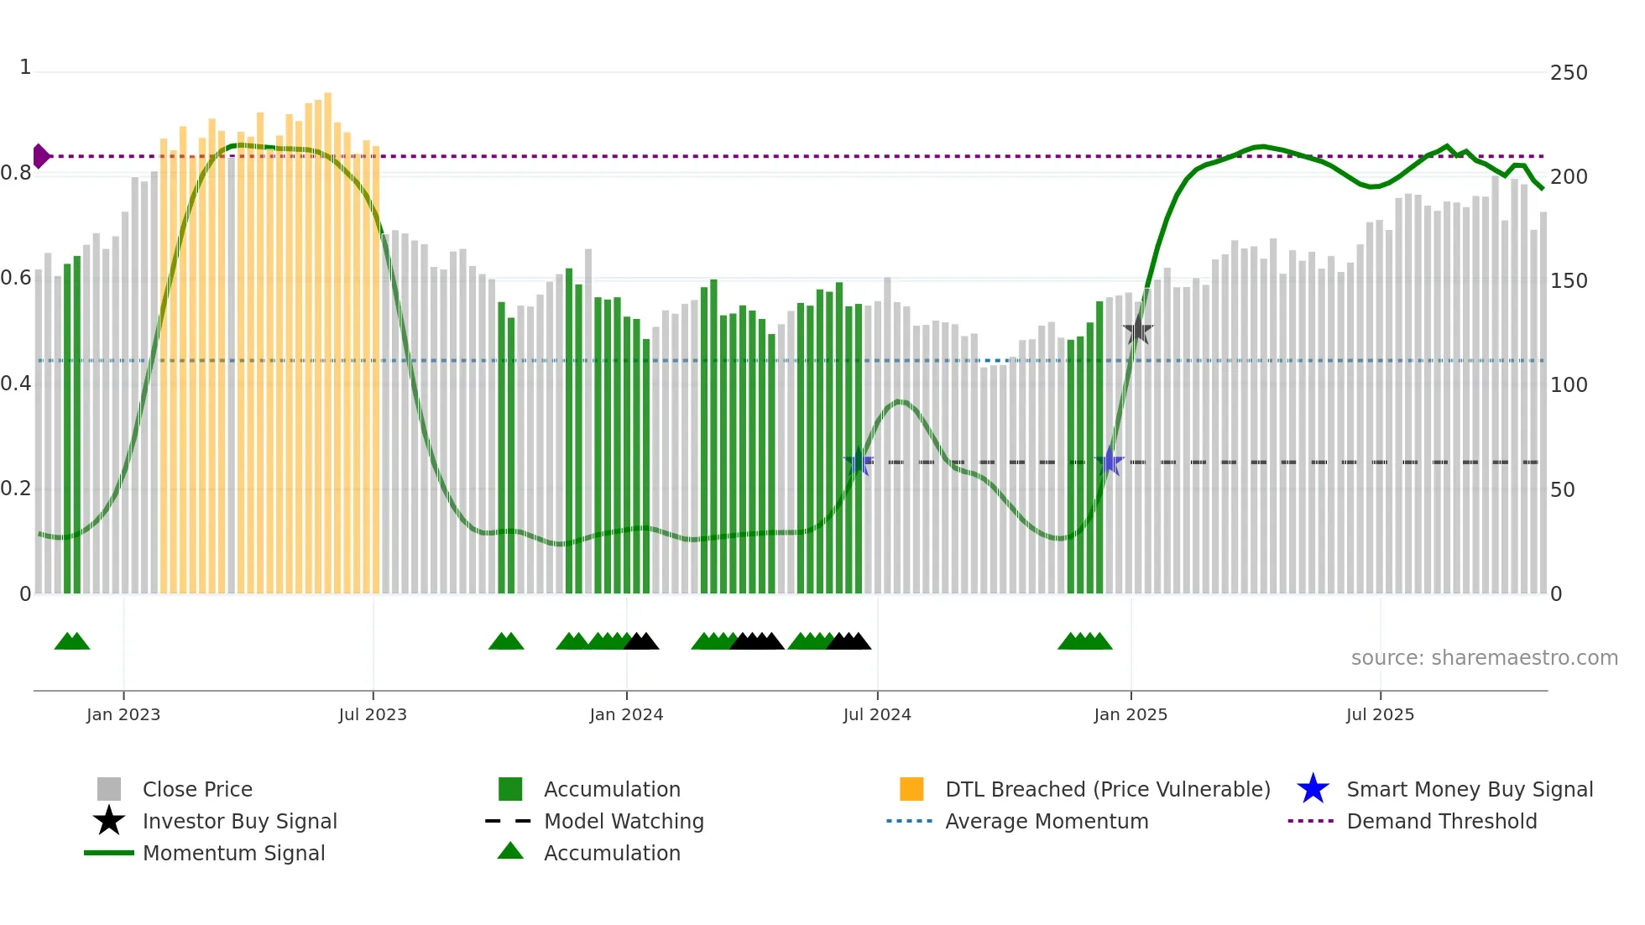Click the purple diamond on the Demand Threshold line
pos(40,156)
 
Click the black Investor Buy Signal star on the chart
pos(1138,330)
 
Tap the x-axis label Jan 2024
pos(626,714)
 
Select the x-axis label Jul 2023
pos(373,714)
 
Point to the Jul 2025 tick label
pos(1380,714)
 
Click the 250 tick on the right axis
pos(1569,73)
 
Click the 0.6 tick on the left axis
pos(16,278)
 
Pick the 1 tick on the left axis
pos(25,67)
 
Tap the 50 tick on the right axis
pos(1562,489)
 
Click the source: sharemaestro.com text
pos(1484,658)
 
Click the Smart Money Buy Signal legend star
pos(1313,789)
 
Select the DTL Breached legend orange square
pos(911,789)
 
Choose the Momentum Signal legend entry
pos(233,853)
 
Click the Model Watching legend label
pos(624,821)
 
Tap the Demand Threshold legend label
pos(1441,821)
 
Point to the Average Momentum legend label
pos(1047,821)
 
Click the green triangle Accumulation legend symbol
pos(510,851)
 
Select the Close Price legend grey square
pos(109,789)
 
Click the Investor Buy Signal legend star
pos(109,821)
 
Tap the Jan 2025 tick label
pos(1131,714)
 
